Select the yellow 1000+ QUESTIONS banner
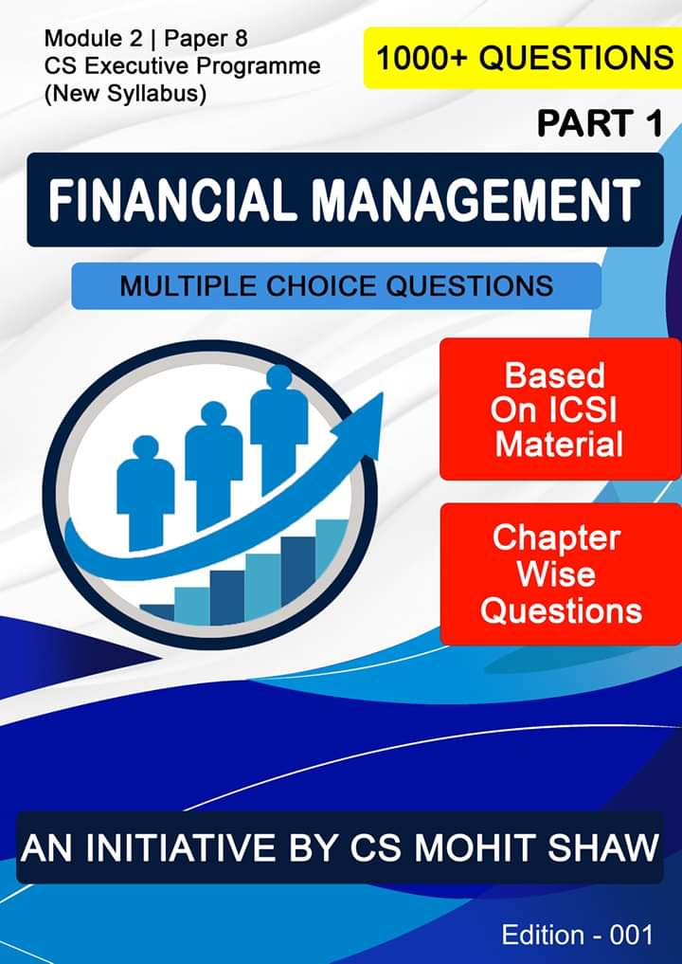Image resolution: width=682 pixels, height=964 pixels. tap(523, 58)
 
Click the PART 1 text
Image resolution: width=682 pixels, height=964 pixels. tap(601, 123)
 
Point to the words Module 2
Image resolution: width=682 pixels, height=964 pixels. tap(93, 39)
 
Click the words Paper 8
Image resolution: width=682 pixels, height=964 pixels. tap(206, 39)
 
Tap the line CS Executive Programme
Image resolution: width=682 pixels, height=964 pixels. tap(183, 65)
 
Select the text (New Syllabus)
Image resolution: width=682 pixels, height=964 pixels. tap(125, 94)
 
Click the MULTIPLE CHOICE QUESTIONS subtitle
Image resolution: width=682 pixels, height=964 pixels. tap(336, 286)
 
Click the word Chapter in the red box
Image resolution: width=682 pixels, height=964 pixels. tap(557, 538)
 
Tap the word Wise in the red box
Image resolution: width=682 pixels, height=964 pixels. tap(556, 574)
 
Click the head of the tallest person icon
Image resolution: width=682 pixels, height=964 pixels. tap(279, 377)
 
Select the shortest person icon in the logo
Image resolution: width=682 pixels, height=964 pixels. tap(146, 493)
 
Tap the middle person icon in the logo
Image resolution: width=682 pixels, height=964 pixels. tap(214, 465)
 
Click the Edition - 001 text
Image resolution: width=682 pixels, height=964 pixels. tap(577, 935)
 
